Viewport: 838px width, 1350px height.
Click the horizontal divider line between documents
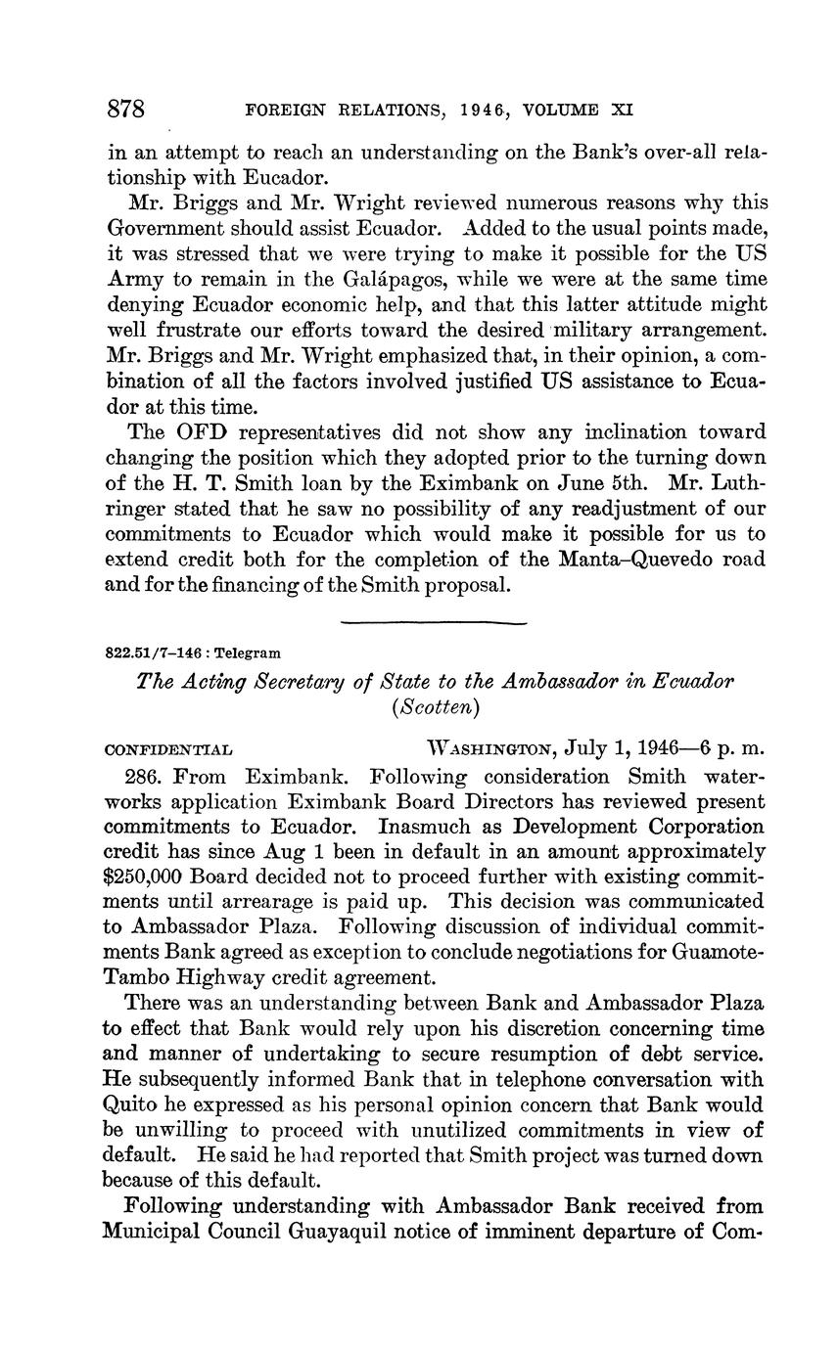[x=434, y=622]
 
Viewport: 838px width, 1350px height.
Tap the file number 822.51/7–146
[x=152, y=652]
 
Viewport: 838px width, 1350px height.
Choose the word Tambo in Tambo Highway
[x=136, y=977]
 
